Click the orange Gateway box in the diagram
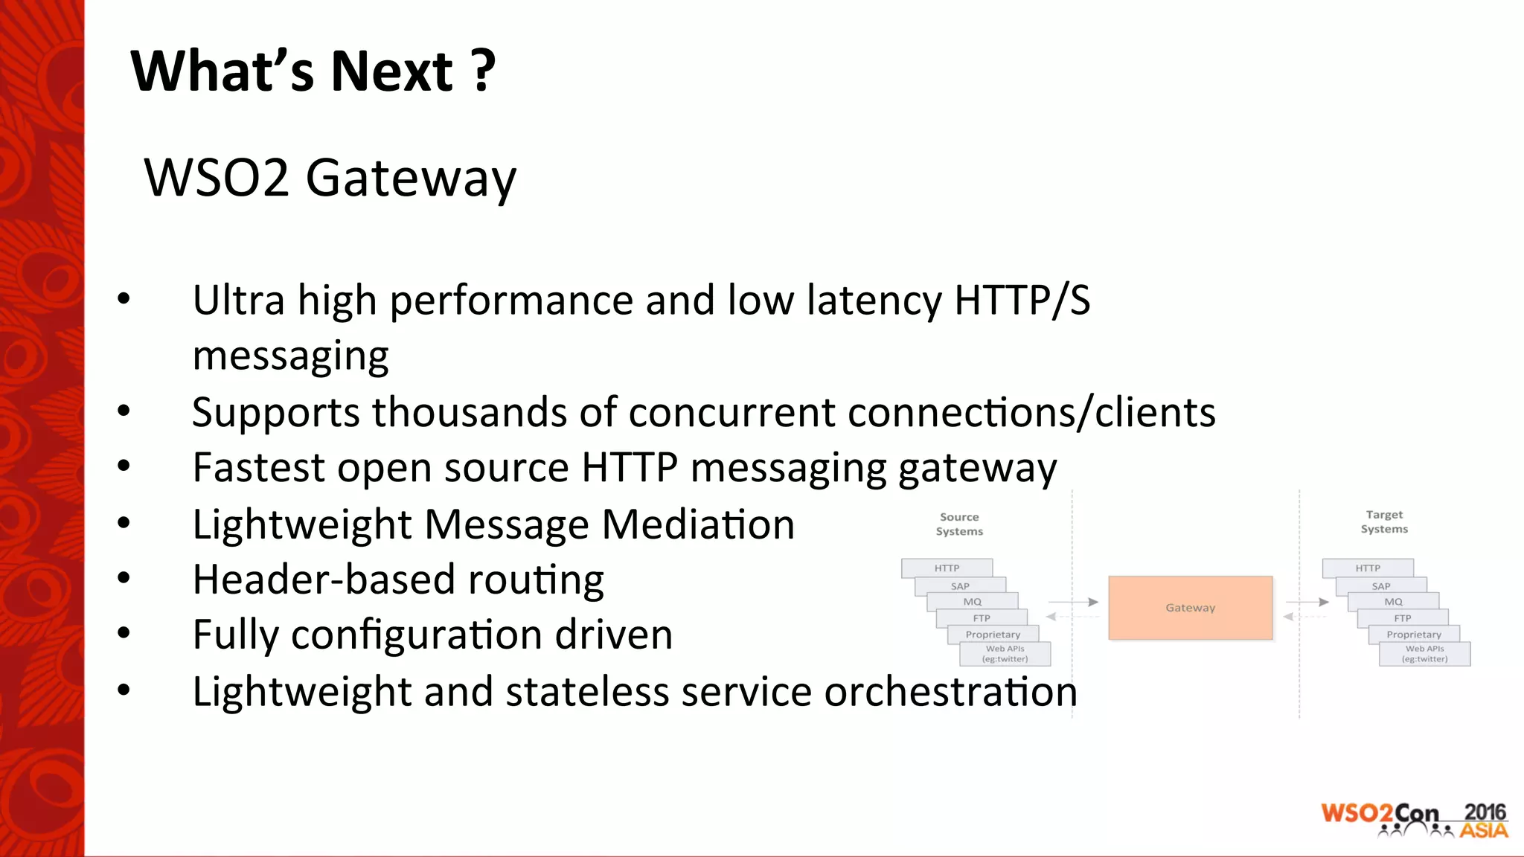1190,608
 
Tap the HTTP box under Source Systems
947,568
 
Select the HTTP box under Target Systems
1367,568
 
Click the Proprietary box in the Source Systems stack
993,635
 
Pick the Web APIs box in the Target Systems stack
1424,654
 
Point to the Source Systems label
959,524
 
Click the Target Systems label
1384,521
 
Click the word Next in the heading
391,72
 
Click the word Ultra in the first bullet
238,301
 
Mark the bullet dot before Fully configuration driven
124,634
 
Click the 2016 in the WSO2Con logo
1485,812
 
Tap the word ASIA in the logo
1483,830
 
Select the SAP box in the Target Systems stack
1380,586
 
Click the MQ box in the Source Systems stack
972,602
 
